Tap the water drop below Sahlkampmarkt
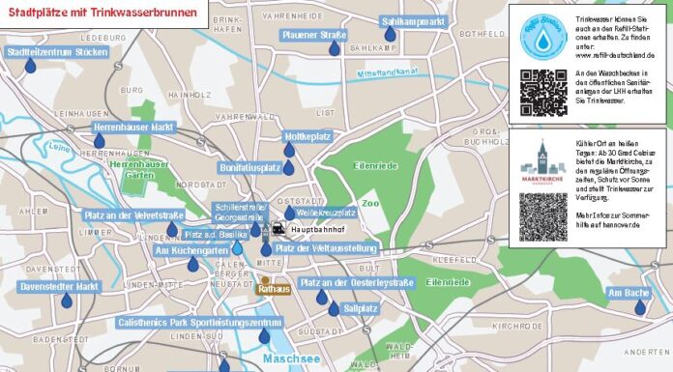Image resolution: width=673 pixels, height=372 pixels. pos(390,35)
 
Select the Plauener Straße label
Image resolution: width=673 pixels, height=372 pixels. pos(314,36)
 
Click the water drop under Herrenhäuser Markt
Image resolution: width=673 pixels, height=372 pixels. pos(99,141)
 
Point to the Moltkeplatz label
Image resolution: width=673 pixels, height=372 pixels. pos(307,136)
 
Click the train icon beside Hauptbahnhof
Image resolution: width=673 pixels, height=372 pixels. pos(278,229)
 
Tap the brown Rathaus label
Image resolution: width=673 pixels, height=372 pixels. pos(274,289)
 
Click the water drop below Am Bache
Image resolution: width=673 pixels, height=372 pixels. pos(639,307)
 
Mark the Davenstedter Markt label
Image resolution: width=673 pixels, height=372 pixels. pos(60,287)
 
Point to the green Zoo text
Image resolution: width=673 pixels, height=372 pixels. pos(369,203)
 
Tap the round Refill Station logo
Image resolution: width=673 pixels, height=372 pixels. pos(542,35)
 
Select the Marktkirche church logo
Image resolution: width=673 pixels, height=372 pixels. pos(542,162)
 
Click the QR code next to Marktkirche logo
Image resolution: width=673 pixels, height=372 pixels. pos(542,216)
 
